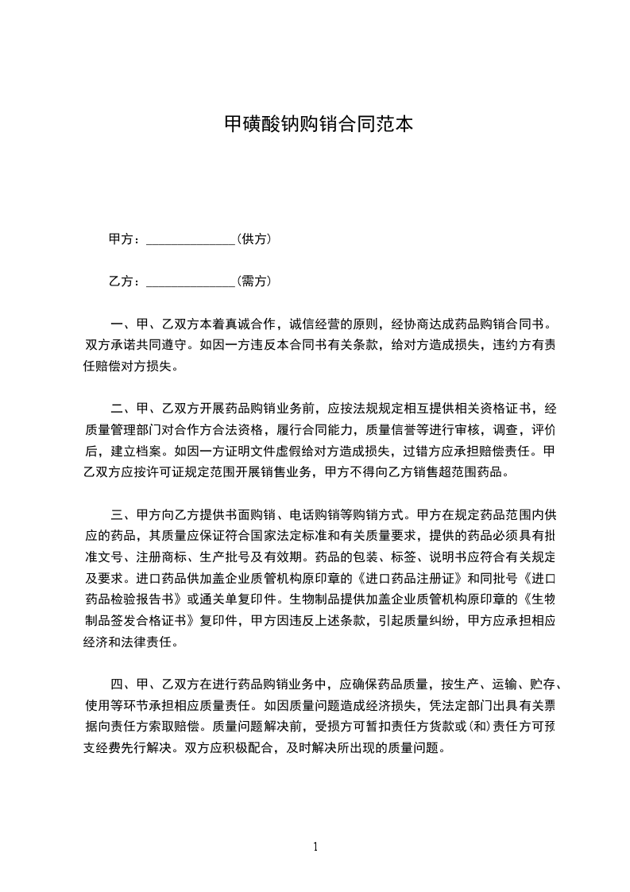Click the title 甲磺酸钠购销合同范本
click(315, 125)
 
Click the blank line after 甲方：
click(191, 239)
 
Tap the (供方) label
click(254, 239)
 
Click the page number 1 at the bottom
click(315, 847)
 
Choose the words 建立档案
click(130, 449)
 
